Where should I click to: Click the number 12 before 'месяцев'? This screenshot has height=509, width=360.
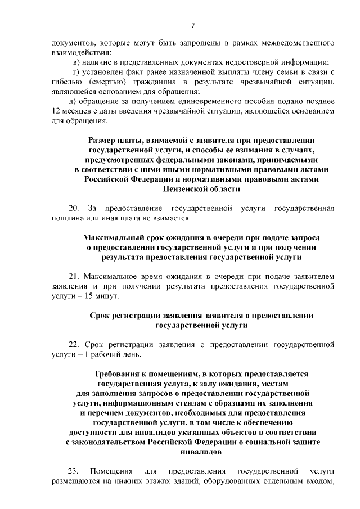(x=57, y=111)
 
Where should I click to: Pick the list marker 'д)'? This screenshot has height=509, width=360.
(x=72, y=102)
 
